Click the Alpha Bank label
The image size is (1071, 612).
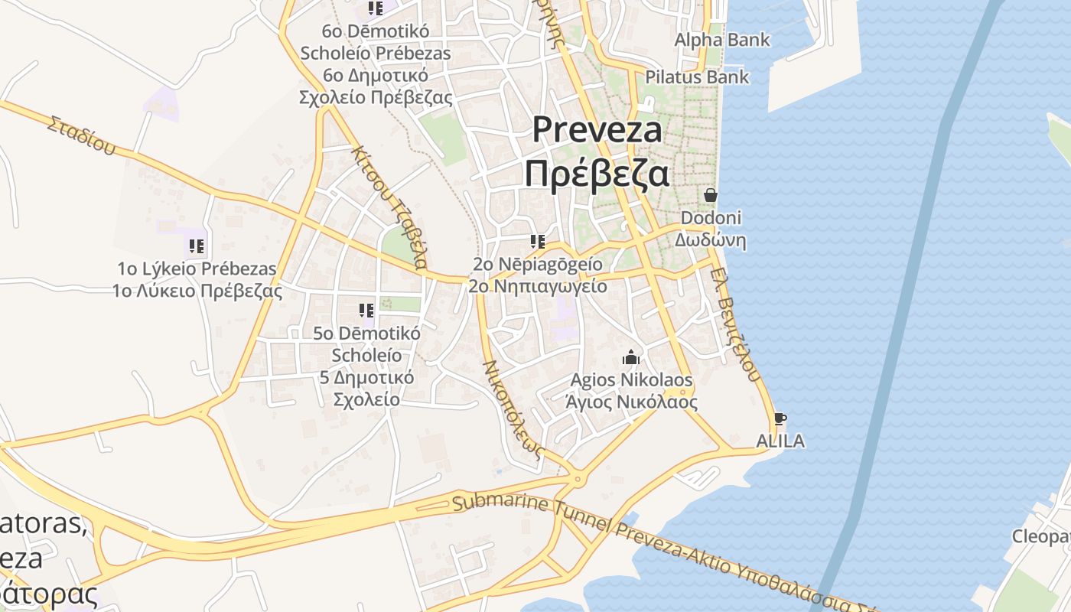pyautogui.click(x=721, y=40)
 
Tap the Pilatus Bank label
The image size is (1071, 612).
pyautogui.click(x=697, y=77)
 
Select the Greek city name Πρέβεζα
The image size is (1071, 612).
pyautogui.click(x=597, y=174)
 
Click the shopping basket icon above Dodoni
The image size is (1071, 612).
pyautogui.click(x=711, y=195)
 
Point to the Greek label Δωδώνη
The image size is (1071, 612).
pyautogui.click(x=710, y=240)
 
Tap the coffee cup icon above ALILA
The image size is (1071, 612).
pyautogui.click(x=780, y=419)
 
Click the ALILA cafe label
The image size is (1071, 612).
pyautogui.click(x=780, y=441)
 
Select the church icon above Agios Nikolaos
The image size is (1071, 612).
pyautogui.click(x=631, y=357)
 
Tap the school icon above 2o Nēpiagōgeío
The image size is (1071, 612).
pyautogui.click(x=537, y=243)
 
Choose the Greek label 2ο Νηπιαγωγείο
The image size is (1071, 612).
pyautogui.click(x=537, y=287)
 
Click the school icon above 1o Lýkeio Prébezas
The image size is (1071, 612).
pyautogui.click(x=197, y=246)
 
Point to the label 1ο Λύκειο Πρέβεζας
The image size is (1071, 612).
pyautogui.click(x=197, y=291)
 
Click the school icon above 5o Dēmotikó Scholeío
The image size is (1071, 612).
pyautogui.click(x=366, y=311)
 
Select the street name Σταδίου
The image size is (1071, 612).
pyautogui.click(x=81, y=135)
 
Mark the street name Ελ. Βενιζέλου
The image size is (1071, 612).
pyautogui.click(x=734, y=324)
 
